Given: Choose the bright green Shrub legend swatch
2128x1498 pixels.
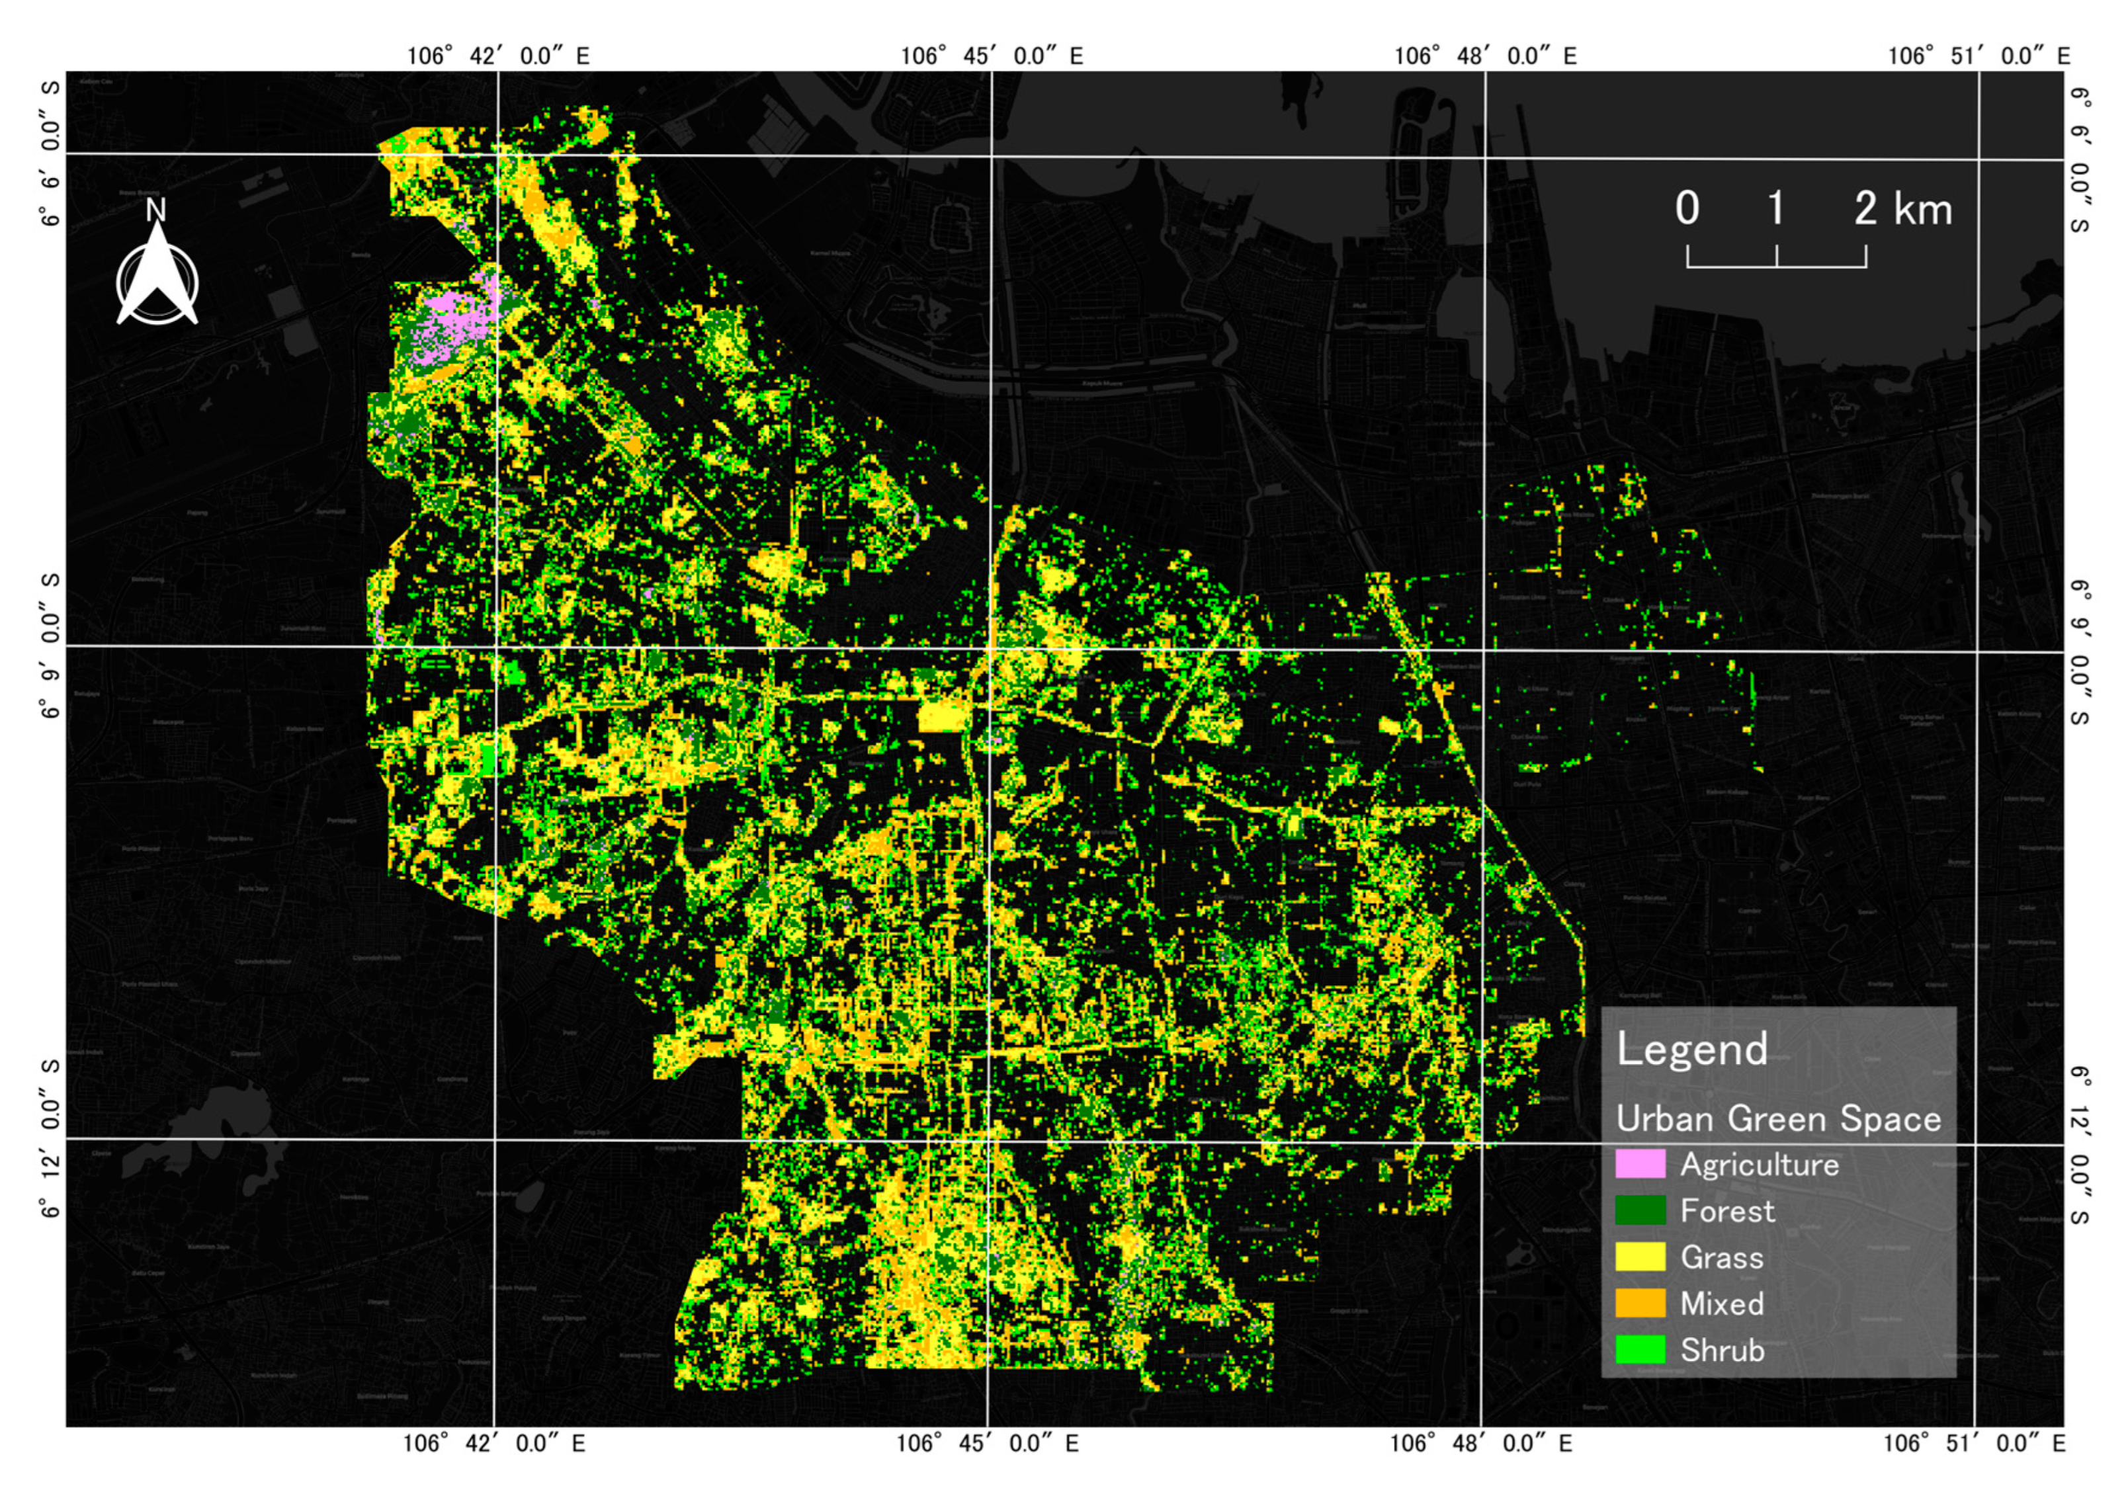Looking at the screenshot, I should pyautogui.click(x=1640, y=1350).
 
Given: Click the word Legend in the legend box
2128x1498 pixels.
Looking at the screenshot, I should pyautogui.click(x=1692, y=1050).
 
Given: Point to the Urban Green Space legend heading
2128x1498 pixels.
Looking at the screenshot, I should pyautogui.click(x=1777, y=1119).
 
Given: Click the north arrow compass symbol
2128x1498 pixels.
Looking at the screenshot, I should pyautogui.click(x=157, y=278).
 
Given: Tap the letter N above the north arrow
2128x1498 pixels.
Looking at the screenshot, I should pyautogui.click(x=155, y=211).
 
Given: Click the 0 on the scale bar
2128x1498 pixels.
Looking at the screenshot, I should pyautogui.click(x=1687, y=208).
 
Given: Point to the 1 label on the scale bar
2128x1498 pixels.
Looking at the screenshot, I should pyautogui.click(x=1776, y=208).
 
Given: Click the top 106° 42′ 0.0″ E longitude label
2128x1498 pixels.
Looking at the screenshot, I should pyautogui.click(x=497, y=56).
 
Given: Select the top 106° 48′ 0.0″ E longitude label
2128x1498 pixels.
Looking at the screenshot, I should pyautogui.click(x=1485, y=56).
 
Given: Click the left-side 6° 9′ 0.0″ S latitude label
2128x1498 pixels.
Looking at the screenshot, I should pyautogui.click(x=51, y=645).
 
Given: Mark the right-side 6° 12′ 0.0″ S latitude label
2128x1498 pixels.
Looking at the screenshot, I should pyautogui.click(x=2079, y=1145).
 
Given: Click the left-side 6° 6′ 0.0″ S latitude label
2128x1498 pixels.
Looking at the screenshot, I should pyautogui.click(x=51, y=153).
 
